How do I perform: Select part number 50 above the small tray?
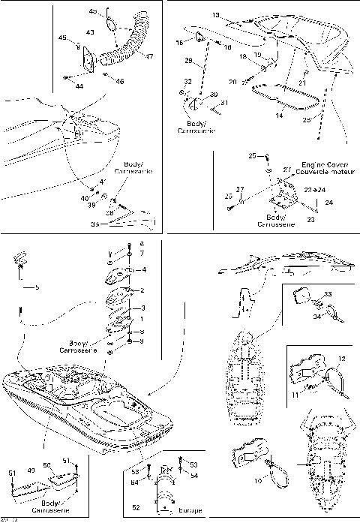pyautogui.click(x=46, y=465)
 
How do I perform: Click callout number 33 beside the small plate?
pyautogui.click(x=328, y=294)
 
